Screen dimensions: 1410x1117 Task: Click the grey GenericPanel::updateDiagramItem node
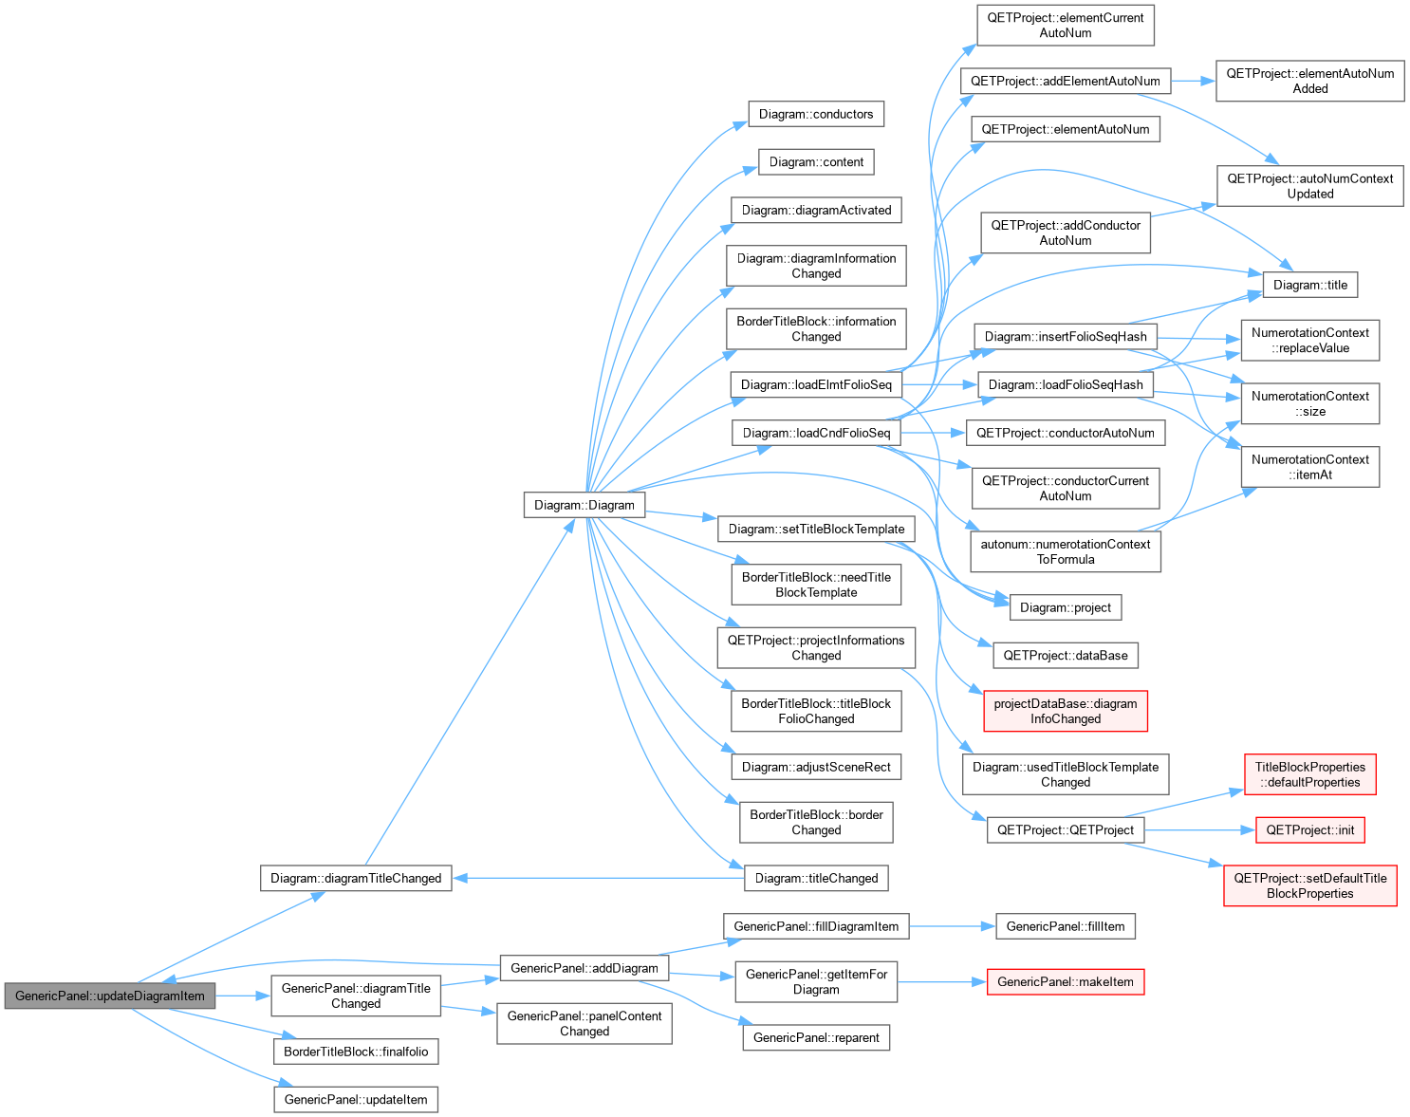coord(109,996)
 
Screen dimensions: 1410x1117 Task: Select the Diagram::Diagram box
coord(584,505)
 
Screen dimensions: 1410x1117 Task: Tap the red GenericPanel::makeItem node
coord(1066,982)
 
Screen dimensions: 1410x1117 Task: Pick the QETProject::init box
coord(1309,829)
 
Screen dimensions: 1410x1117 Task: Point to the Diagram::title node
coord(1309,285)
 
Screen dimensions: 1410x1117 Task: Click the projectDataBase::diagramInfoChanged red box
coord(1066,711)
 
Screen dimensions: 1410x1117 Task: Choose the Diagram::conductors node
coord(816,114)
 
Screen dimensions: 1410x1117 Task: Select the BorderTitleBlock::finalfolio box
coord(356,1052)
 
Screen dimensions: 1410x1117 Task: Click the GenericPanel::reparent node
coord(816,1037)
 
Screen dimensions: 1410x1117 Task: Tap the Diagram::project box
coord(1066,607)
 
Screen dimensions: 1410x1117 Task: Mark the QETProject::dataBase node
coord(1066,656)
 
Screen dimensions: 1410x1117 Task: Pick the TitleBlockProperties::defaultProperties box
coord(1309,774)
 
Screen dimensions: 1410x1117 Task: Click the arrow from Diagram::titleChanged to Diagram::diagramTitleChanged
coord(598,879)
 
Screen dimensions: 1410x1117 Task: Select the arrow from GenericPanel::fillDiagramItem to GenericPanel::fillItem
coord(952,926)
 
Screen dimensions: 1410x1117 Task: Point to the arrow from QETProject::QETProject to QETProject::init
coord(1199,829)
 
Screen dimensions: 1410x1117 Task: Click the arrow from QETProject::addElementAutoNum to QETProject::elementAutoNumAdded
coord(1193,82)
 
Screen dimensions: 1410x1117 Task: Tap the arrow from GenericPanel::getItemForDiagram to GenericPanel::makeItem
coord(941,982)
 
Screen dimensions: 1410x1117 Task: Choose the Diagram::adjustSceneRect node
coord(816,767)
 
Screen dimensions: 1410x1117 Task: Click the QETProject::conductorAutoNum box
coord(1066,433)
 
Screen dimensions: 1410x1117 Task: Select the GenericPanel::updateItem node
coord(356,1099)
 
